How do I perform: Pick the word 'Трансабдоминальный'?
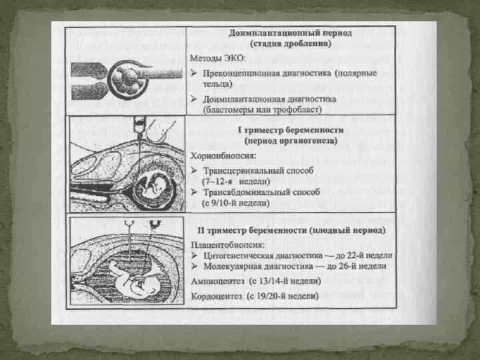point(251,191)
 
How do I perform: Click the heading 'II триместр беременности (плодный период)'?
point(291,230)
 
